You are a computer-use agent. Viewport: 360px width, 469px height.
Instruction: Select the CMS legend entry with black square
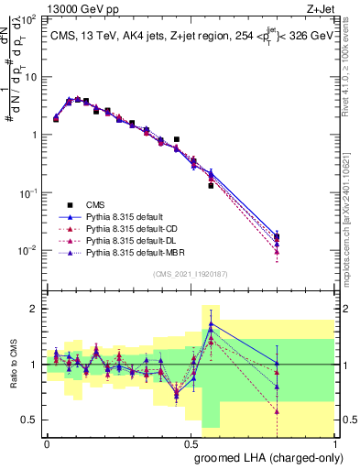(x=101, y=204)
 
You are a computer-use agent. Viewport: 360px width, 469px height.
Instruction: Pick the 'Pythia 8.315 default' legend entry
(x=130, y=216)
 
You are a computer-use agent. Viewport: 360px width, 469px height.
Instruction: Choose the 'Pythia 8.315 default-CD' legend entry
(x=138, y=228)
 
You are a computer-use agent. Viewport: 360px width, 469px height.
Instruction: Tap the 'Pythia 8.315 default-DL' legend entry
(x=137, y=240)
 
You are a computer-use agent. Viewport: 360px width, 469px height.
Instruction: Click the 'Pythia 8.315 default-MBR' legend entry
(x=141, y=252)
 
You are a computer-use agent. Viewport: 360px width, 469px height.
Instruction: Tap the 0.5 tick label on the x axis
(x=191, y=442)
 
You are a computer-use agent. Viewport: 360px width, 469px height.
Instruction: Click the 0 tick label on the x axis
(x=48, y=442)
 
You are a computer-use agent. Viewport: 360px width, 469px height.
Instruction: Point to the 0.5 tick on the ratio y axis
(x=33, y=420)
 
